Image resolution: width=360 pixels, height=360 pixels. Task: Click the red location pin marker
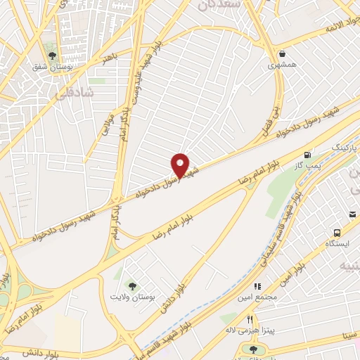[180, 165]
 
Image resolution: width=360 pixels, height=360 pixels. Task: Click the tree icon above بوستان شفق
[51, 55]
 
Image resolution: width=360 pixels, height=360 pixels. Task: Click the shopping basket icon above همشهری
[282, 53]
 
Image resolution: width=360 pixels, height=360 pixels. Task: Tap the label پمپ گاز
[308, 165]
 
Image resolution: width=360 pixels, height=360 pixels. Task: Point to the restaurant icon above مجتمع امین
[257, 286]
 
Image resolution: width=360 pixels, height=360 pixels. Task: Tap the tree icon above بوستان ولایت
[131, 285]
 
